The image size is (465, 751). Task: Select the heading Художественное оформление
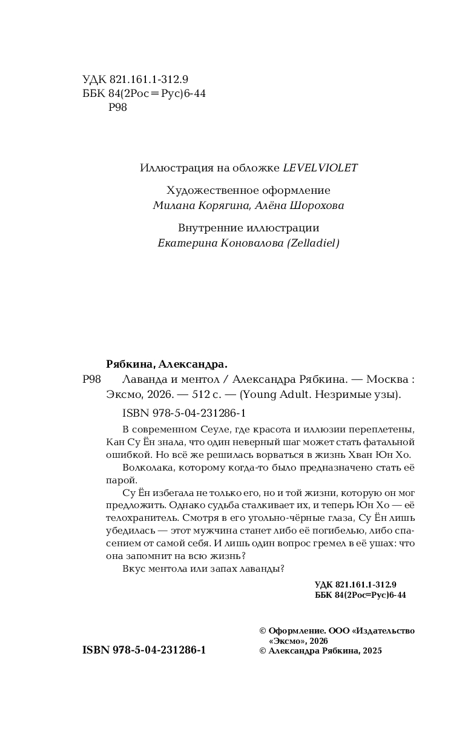point(249,190)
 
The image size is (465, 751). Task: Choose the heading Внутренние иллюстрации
point(249,228)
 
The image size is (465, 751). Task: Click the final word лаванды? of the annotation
point(263,569)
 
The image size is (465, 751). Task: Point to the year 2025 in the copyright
point(371,650)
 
